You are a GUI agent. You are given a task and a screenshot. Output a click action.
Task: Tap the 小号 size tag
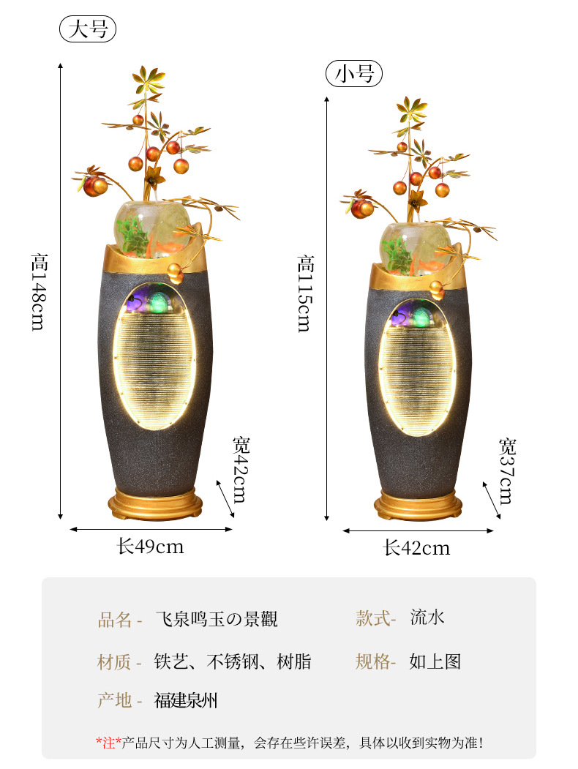point(354,74)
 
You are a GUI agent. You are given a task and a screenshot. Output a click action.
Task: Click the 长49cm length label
point(151,546)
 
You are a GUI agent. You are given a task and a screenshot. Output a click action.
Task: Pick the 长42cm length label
point(417,547)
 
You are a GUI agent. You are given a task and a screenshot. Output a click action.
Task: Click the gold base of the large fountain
point(155,503)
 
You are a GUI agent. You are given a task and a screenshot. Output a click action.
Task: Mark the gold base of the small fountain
point(418,504)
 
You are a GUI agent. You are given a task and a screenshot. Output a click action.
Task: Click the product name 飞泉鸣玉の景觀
point(217,619)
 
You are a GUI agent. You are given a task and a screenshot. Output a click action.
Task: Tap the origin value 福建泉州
point(186,700)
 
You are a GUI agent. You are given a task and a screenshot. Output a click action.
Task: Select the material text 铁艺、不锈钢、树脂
point(233,661)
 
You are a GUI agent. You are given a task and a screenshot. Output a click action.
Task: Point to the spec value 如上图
point(435,661)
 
